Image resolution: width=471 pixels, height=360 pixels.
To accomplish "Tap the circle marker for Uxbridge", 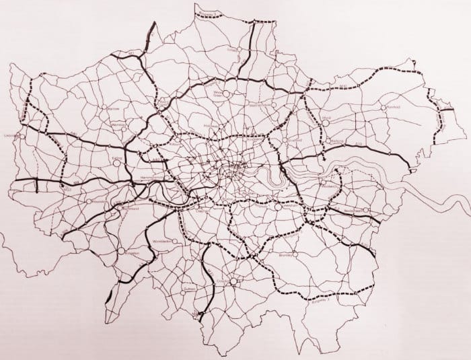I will pyautogui.click(x=23, y=136).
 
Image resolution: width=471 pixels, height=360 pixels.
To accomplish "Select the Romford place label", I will pyautogui.click(x=394, y=106).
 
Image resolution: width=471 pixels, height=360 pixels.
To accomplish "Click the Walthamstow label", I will pyautogui.click(x=259, y=106).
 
